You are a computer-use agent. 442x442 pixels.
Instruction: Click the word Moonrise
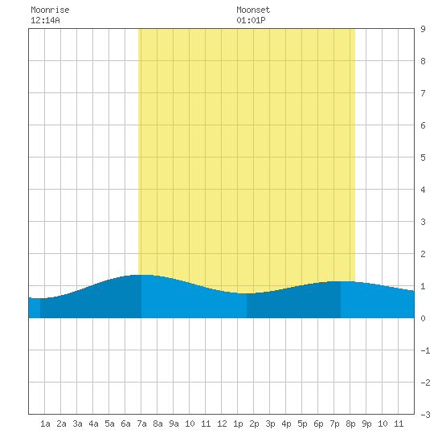pyautogui.click(x=50, y=10)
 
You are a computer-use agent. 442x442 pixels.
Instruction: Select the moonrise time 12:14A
pyautogui.click(x=45, y=20)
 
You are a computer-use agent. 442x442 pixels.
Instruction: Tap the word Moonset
pyautogui.click(x=253, y=10)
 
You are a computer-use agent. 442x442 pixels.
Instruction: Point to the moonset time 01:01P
pyautogui.click(x=251, y=20)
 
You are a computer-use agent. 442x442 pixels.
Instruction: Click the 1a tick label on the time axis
pyautogui.click(x=45, y=424)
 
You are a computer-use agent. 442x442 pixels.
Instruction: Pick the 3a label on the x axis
pyautogui.click(x=77, y=424)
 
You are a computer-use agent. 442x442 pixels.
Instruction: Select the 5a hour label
pyautogui.click(x=109, y=424)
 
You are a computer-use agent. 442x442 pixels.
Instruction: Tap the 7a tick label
pyautogui.click(x=141, y=424)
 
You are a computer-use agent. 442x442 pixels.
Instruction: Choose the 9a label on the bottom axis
pyautogui.click(x=174, y=424)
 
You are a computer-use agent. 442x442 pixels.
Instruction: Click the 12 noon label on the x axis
pyautogui.click(x=222, y=424)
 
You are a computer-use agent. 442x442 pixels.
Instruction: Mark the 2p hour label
pyautogui.click(x=254, y=424)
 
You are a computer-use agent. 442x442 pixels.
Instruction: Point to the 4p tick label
pyautogui.click(x=286, y=424)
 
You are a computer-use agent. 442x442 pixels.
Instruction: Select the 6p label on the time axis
pyautogui.click(x=318, y=424)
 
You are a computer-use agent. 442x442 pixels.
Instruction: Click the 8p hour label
pyautogui.click(x=350, y=424)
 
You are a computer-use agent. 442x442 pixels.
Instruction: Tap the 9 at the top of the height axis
pyautogui.click(x=423, y=29)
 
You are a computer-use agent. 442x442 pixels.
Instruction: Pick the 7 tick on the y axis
pyautogui.click(x=423, y=93)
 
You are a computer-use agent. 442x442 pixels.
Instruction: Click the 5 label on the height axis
pyautogui.click(x=423, y=158)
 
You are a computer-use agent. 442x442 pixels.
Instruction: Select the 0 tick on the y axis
pyautogui.click(x=423, y=318)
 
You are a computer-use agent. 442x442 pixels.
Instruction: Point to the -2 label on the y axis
pyautogui.click(x=425, y=383)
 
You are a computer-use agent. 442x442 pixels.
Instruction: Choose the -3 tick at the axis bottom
pyautogui.click(x=425, y=415)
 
